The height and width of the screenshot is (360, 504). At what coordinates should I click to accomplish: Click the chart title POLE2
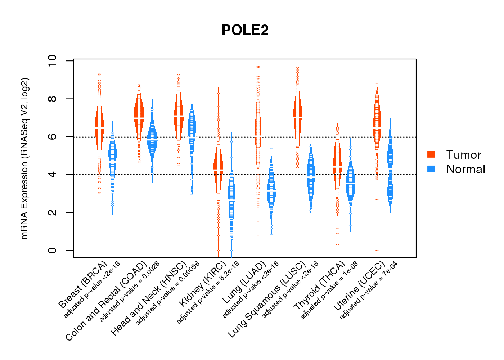click(245, 30)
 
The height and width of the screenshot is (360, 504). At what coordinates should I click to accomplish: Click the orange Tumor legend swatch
click(431, 154)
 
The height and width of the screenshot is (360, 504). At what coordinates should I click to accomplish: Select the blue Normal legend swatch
click(431, 169)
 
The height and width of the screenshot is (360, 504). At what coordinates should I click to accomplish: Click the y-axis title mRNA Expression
click(24, 158)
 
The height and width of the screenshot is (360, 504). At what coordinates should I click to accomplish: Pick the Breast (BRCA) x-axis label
click(83, 284)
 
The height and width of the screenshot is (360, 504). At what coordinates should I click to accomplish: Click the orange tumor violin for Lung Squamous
click(297, 115)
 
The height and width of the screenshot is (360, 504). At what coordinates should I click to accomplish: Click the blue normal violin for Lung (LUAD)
click(271, 187)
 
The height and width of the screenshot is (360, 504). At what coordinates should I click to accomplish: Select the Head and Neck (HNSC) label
click(148, 299)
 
